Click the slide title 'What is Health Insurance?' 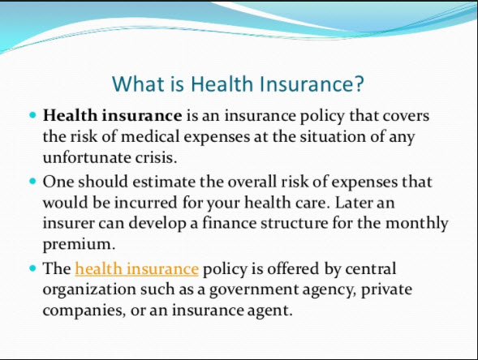click(239, 84)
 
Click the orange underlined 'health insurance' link click(136, 268)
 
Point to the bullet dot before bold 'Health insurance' click(32, 116)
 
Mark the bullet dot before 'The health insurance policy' click(32, 268)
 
